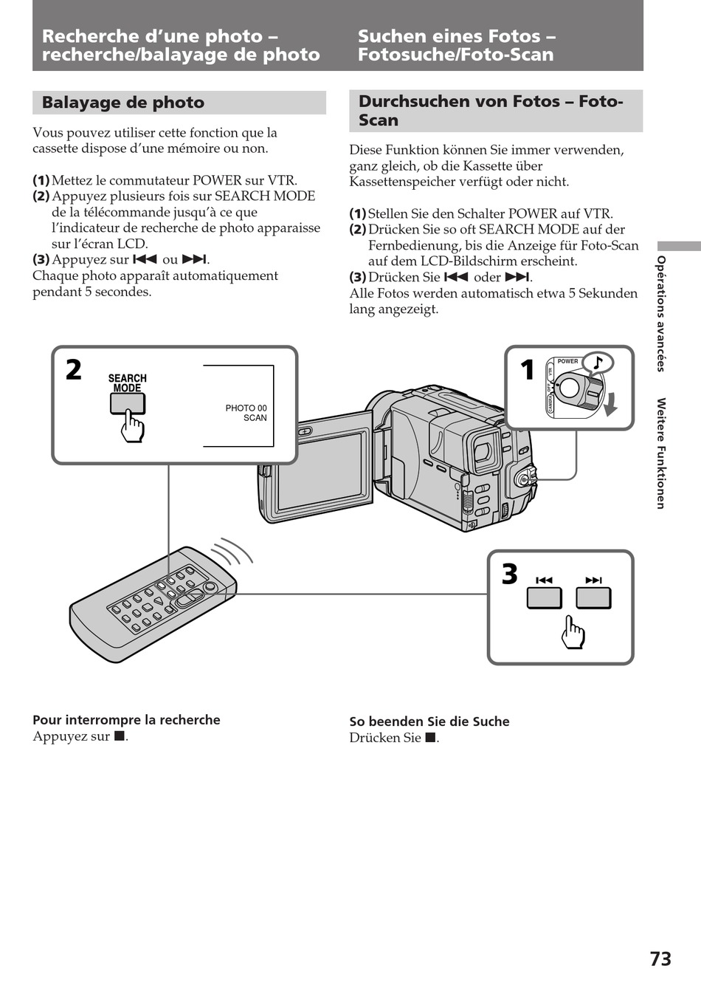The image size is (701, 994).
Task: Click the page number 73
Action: coord(660,959)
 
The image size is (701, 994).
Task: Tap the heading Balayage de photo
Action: coord(122,103)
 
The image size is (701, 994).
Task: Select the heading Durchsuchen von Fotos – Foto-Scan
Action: coord(491,111)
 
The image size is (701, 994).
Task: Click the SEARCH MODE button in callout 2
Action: coord(128,404)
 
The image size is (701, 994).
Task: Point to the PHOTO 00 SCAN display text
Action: coord(246,413)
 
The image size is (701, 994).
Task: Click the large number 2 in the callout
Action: coord(74,370)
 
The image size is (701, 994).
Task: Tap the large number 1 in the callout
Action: coord(527,370)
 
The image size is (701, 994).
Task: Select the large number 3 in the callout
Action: coord(509,575)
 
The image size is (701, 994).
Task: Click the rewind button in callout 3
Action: coord(544,598)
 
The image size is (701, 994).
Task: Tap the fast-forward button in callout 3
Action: coord(594,598)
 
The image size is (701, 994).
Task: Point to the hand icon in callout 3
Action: coord(573,632)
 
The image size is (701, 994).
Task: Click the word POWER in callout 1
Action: coord(567,361)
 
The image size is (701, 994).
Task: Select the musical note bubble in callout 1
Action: coord(598,363)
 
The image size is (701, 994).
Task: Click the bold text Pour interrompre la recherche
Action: coord(126,720)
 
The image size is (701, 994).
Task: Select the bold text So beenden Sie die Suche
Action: coord(429,721)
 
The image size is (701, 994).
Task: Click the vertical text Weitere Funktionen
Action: coord(660,453)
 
